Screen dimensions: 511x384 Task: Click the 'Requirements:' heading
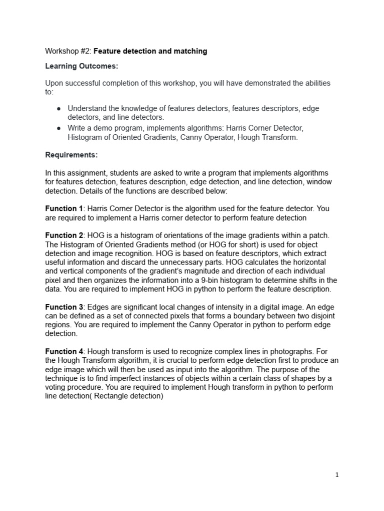coord(71,155)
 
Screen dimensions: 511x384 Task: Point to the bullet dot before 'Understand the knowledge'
coord(59,108)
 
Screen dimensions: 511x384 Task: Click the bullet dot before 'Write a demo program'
coord(59,128)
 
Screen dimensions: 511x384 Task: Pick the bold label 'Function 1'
coord(63,208)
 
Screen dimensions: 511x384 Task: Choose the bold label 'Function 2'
coord(63,235)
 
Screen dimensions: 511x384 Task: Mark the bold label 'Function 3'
coord(63,307)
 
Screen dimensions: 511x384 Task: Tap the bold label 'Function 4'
coord(63,352)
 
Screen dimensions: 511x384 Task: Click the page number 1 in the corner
coord(337,475)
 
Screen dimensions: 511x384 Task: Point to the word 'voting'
coord(58,388)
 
